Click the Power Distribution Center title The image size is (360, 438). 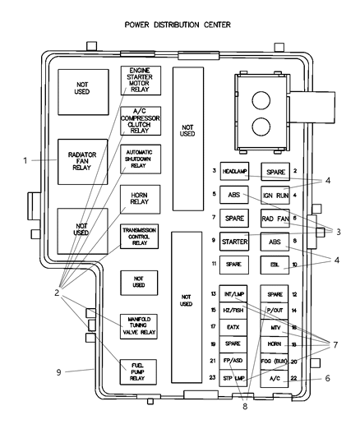point(178,25)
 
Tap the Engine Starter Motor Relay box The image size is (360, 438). point(141,80)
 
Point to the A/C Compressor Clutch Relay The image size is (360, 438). point(141,120)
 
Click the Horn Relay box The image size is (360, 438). point(141,198)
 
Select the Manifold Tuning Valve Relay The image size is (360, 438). point(141,325)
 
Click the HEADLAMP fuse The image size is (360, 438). point(234,171)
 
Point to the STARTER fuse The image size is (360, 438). point(234,242)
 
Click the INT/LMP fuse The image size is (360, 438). point(234,294)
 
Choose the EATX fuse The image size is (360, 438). point(234,328)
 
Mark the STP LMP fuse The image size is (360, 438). point(234,378)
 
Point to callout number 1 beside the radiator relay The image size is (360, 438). point(25,159)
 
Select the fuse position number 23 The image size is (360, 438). point(212,378)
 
